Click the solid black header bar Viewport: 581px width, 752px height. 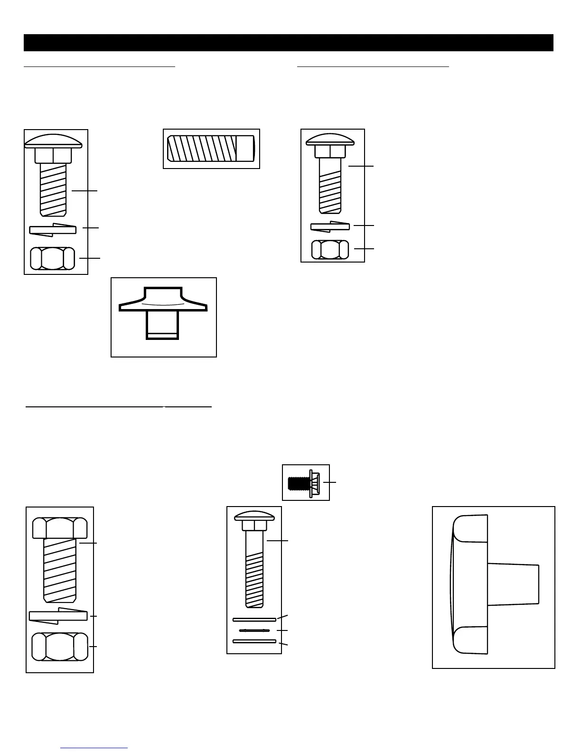click(289, 43)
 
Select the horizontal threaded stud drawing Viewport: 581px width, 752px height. click(211, 149)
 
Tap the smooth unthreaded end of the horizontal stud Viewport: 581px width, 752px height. click(245, 149)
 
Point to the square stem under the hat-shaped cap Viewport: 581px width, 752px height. click(162, 325)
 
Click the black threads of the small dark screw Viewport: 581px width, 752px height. click(298, 483)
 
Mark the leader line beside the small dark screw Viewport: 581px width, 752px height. click(330, 482)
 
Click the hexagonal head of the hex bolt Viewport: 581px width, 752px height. click(60, 527)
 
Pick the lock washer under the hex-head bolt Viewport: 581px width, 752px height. click(58, 616)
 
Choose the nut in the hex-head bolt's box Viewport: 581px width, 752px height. click(60, 647)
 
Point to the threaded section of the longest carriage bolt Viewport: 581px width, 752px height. click(254, 579)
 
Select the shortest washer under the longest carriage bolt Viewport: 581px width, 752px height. click(254, 630)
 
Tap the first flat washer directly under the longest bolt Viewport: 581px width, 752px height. click(254, 619)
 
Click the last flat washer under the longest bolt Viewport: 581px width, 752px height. click(254, 641)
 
